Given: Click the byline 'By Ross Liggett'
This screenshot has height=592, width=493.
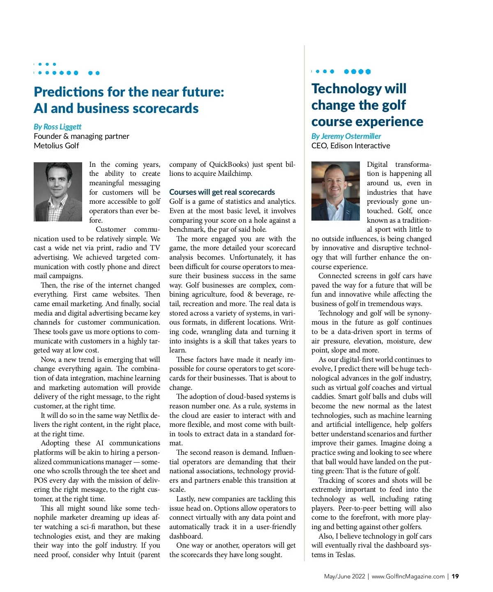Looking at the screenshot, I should click(58, 127).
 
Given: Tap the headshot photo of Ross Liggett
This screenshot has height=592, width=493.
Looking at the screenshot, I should click(58, 192).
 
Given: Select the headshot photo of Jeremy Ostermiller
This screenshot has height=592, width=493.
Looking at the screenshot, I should click(336, 191).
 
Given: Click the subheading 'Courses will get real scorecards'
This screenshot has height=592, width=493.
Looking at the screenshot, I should click(222, 192).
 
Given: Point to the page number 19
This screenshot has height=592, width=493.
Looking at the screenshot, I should click(455, 576).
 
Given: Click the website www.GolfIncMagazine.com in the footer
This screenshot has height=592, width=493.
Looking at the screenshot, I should click(408, 576).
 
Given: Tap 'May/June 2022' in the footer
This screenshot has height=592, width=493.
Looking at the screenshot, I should click(344, 576).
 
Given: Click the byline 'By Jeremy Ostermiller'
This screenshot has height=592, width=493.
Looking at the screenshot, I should click(346, 136).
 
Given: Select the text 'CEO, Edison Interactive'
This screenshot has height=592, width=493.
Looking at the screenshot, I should click(350, 145).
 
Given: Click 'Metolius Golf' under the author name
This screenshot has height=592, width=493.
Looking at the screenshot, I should click(56, 145).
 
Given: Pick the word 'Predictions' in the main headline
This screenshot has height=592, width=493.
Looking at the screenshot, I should click(69, 92).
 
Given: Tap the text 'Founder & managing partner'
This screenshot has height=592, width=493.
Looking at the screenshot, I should click(81, 136).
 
